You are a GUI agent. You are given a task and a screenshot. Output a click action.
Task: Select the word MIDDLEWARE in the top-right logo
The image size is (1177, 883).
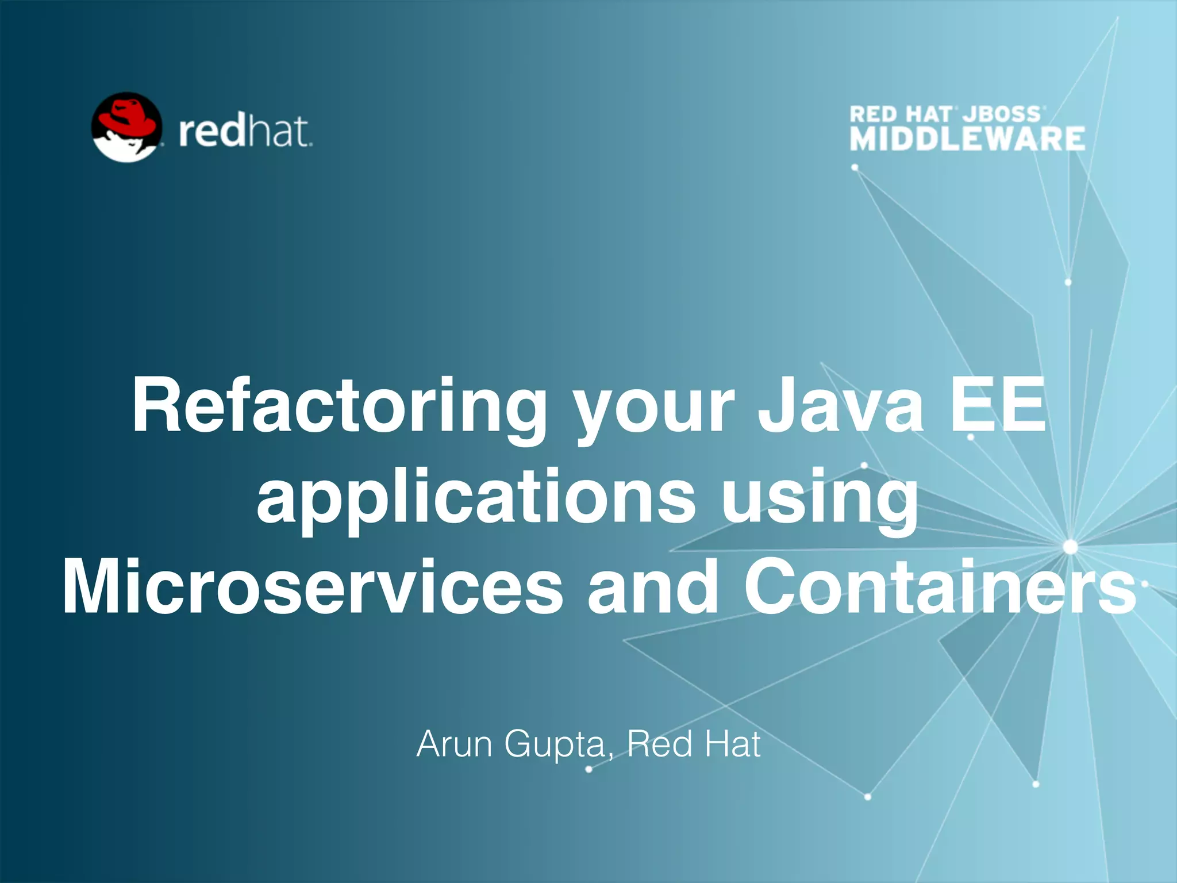[x=967, y=139]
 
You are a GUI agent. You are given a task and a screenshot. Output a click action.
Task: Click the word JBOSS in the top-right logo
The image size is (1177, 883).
[x=1002, y=114]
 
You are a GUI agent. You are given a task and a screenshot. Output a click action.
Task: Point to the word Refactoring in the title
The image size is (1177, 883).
[x=339, y=406]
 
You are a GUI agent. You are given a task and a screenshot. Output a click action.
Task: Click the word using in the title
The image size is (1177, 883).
[x=820, y=498]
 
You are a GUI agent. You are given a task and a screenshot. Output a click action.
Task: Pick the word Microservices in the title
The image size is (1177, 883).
[x=313, y=588]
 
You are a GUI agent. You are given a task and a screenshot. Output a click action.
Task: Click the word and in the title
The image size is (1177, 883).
[x=652, y=588]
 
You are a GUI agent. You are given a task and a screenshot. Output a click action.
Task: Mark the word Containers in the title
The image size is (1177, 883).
[x=939, y=588]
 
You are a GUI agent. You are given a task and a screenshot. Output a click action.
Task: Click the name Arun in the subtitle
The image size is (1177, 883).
[x=455, y=744]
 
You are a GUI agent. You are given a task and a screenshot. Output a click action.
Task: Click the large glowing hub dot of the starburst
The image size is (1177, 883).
[x=1070, y=547]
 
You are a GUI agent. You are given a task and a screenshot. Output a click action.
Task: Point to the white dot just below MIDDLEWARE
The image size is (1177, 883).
[x=855, y=167]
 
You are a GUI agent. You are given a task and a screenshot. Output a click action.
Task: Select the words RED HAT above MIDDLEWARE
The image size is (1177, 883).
[x=900, y=114]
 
